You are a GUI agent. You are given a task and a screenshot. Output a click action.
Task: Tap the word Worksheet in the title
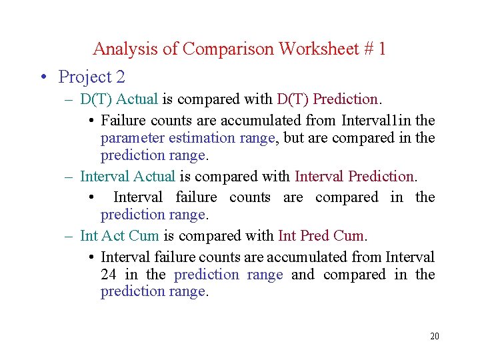tap(318, 49)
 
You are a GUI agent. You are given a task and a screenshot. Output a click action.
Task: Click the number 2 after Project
tap(120, 77)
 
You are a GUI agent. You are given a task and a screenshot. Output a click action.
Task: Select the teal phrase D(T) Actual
tap(119, 99)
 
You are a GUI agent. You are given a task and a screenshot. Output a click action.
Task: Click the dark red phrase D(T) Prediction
tap(327, 99)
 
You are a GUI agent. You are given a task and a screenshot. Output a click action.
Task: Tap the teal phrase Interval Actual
tap(127, 177)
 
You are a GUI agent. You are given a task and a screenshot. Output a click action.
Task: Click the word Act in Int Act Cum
tap(113, 236)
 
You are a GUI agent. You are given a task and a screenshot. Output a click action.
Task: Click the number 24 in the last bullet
tap(109, 275)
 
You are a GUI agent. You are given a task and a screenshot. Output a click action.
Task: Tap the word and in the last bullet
tap(302, 275)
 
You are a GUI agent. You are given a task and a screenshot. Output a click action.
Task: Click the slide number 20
tap(435, 336)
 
